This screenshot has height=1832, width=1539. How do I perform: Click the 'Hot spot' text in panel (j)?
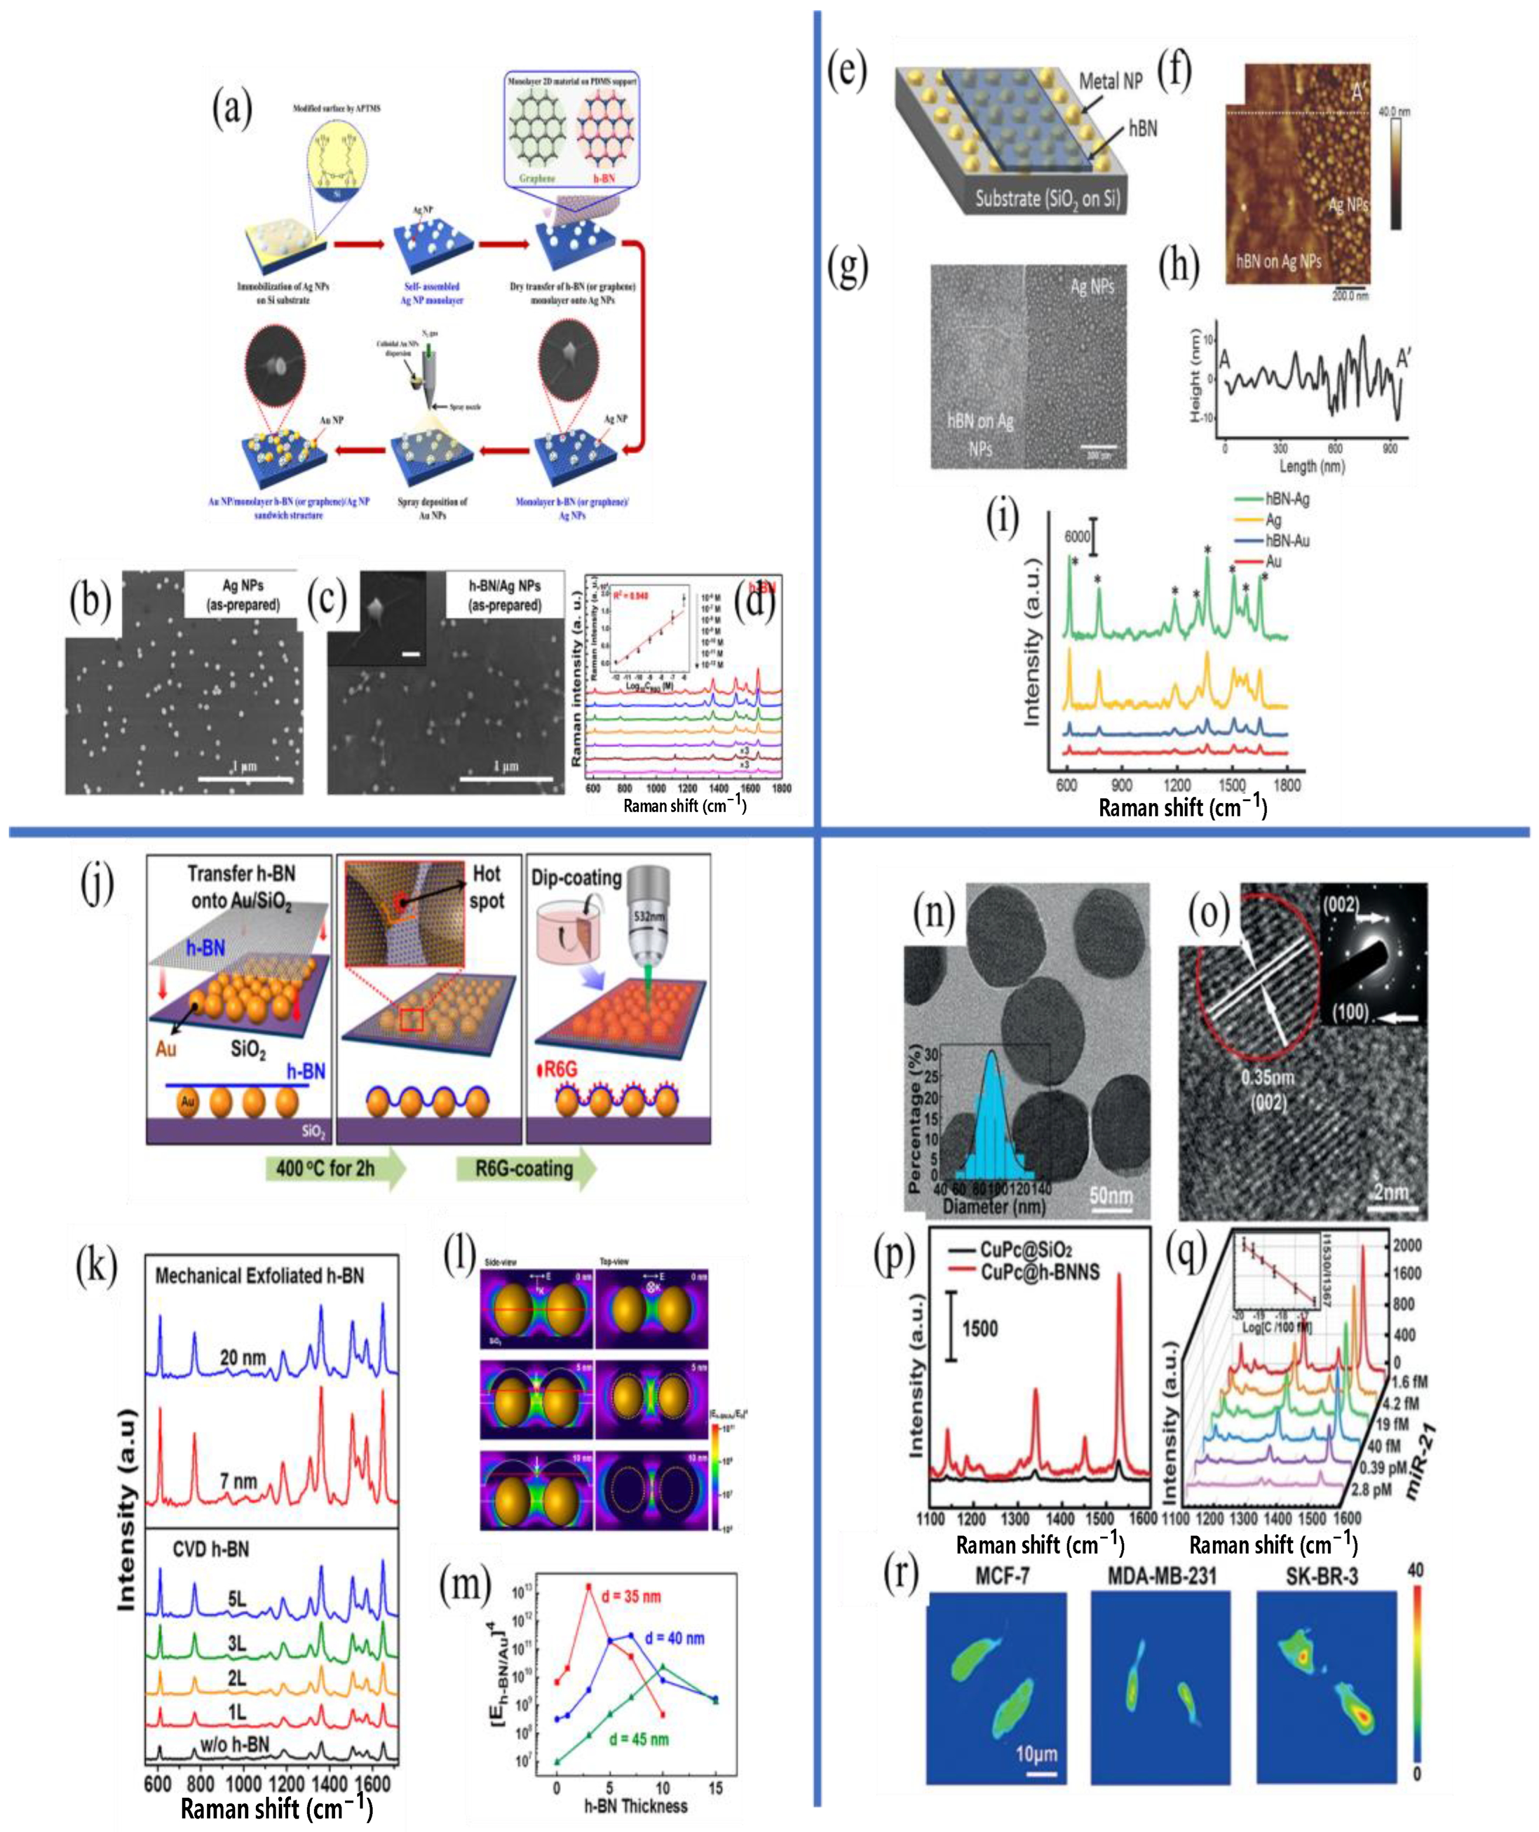click(486, 887)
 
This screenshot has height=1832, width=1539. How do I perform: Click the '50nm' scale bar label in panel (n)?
click(1111, 1194)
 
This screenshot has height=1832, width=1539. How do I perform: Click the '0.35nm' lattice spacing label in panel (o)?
click(1268, 1077)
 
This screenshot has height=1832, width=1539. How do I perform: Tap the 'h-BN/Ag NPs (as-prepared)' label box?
click(504, 595)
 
